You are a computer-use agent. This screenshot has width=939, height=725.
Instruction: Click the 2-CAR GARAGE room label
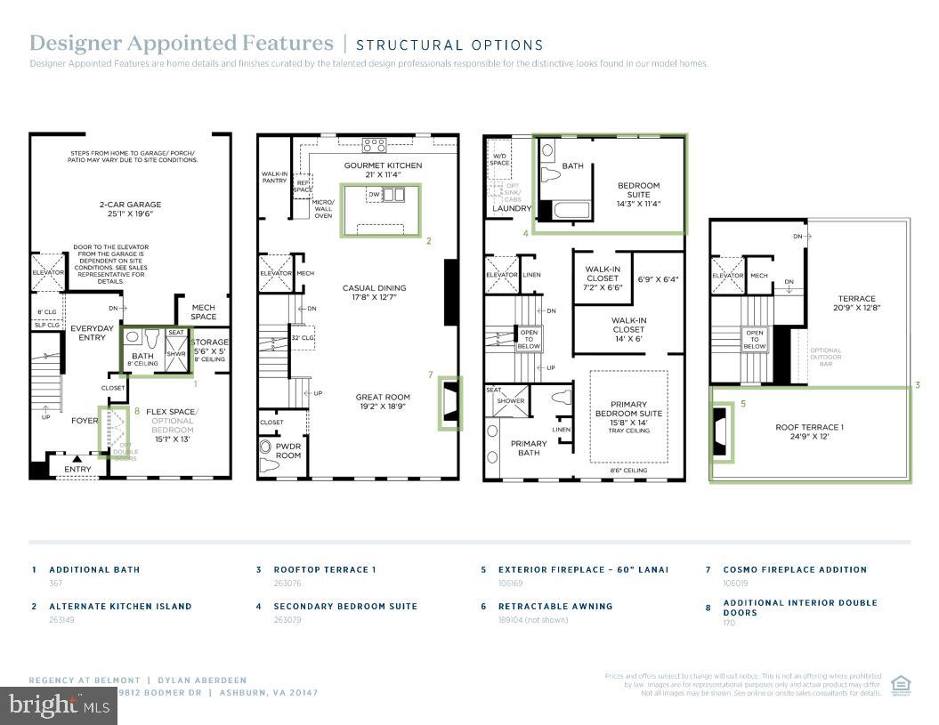(129, 209)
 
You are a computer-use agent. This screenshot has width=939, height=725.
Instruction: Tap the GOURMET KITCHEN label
(383, 165)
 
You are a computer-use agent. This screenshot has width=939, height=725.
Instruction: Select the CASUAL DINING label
(374, 288)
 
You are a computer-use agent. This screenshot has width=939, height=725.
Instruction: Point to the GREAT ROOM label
(383, 398)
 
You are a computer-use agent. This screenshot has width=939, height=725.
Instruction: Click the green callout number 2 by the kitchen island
(428, 240)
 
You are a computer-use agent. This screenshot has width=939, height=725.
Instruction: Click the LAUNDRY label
(511, 209)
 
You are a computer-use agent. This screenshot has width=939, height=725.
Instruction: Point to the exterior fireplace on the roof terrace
(720, 432)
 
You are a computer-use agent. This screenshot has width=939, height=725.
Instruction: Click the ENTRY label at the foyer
(77, 469)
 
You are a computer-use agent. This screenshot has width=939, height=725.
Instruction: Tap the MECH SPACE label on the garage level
(203, 312)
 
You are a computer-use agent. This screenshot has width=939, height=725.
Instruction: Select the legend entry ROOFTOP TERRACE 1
(325, 569)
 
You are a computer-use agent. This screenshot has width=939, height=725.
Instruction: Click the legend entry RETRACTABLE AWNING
(554, 607)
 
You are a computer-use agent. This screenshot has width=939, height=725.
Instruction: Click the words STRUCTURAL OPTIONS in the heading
(449, 44)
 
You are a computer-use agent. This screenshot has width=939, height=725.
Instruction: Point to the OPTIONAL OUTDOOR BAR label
(825, 357)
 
